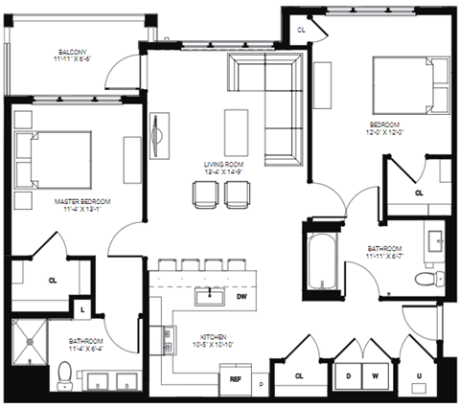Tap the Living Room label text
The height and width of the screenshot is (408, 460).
pos(223,164)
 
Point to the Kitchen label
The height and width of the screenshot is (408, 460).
pos(213,336)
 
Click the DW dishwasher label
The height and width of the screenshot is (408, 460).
pos(242,297)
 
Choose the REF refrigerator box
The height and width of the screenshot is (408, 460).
pos(235,380)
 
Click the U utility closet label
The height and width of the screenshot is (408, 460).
pos(418,376)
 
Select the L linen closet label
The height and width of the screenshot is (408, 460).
pos(82,309)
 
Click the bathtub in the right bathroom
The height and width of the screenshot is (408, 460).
pos(320,256)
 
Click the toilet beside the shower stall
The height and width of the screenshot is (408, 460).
pos(64,374)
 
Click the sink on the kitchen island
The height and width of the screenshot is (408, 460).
pos(207,296)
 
